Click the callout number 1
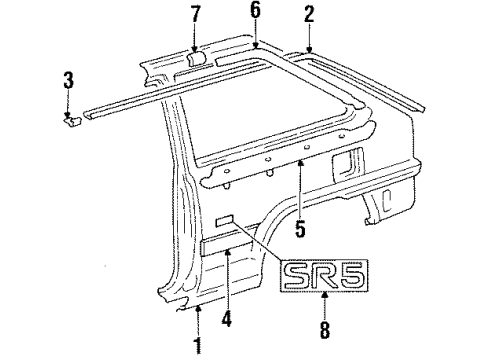click(x=198, y=347)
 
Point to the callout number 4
click(x=226, y=319)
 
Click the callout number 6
click(x=255, y=11)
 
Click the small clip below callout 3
click(x=71, y=122)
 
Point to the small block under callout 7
click(x=196, y=61)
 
